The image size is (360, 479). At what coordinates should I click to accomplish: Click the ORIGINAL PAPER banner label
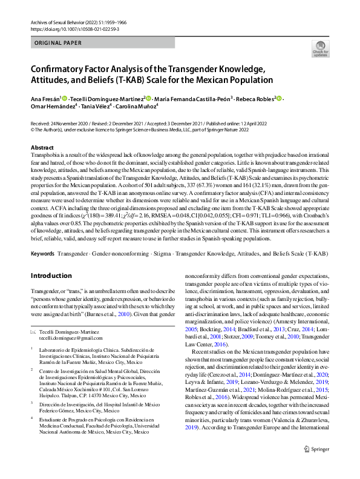point(56,44)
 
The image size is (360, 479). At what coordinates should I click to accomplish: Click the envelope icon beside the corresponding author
point(33,332)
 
